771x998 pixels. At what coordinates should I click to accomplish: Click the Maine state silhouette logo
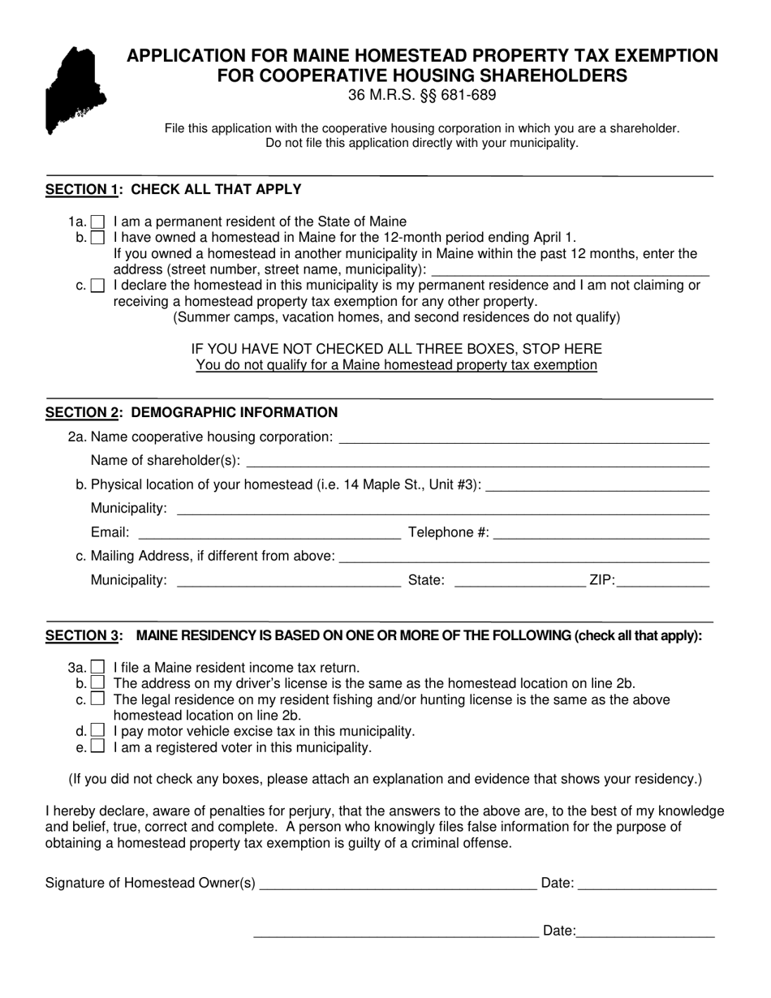pos(75,89)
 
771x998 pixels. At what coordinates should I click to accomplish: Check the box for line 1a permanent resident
pos(97,222)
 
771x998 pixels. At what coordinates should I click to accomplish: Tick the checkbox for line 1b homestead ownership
pos(97,238)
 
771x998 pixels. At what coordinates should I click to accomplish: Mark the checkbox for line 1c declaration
pos(97,286)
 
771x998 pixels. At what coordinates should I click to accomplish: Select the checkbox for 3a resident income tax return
pos(97,667)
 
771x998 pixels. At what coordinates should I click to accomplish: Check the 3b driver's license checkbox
pos(97,683)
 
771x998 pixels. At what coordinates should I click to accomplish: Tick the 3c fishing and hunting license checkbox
pos(97,699)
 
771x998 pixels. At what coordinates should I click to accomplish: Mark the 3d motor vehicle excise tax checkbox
pos(97,730)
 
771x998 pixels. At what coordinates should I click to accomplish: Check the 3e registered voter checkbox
pos(97,746)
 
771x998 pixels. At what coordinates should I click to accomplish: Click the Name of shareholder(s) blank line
pos(477,461)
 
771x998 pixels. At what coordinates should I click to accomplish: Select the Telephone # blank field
pos(601,532)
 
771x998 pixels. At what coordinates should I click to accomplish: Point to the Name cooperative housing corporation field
pos(523,437)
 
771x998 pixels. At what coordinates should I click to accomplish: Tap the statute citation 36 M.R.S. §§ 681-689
pos(422,95)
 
